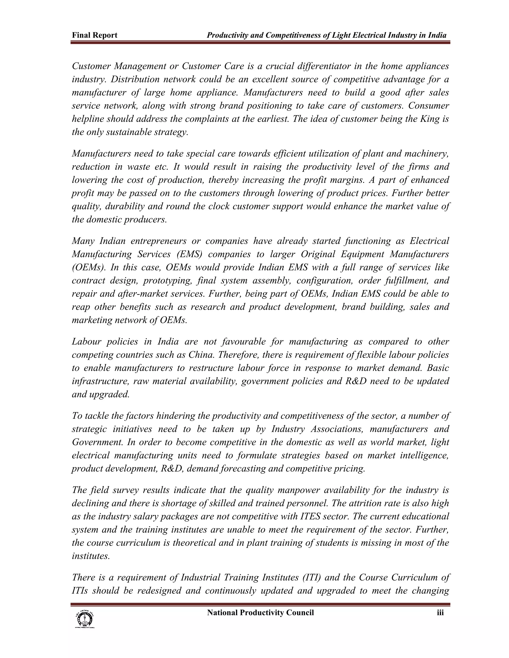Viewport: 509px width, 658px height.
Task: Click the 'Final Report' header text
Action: pos(94,35)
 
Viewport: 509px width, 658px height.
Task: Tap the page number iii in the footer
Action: pos(440,613)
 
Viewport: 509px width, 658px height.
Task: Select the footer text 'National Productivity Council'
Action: pos(260,613)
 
